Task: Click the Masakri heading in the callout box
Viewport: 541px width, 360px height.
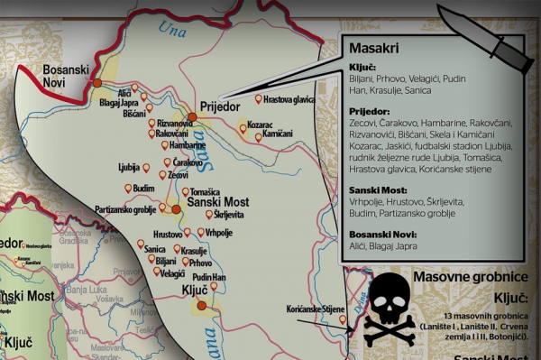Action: point(370,48)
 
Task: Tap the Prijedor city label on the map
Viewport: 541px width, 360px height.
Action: point(219,105)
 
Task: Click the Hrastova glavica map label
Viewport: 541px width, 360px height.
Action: point(294,98)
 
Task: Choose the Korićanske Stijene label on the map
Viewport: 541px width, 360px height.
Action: point(316,309)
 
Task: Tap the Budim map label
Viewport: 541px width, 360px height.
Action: point(143,188)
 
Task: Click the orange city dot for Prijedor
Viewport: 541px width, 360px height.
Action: point(192,115)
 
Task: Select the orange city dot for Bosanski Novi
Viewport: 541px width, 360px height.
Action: point(97,83)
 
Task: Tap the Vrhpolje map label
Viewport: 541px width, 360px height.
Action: point(219,233)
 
